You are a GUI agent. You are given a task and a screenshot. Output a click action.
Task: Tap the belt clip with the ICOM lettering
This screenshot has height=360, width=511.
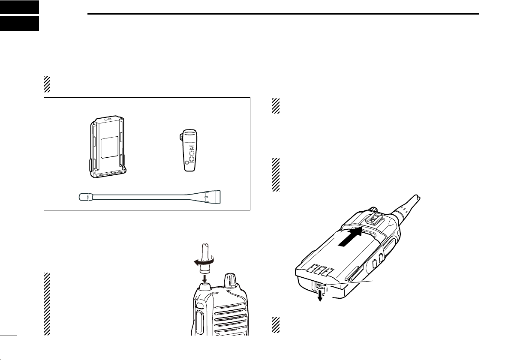tap(189, 150)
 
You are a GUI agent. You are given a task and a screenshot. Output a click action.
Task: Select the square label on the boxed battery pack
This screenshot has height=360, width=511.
tap(109, 147)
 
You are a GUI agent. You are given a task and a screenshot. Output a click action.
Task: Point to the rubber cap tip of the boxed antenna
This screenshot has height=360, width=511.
tap(84, 197)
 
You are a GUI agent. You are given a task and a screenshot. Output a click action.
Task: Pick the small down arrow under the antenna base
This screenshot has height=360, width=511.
tap(204, 278)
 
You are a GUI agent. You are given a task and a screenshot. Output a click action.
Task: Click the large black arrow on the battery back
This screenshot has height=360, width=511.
tap(350, 237)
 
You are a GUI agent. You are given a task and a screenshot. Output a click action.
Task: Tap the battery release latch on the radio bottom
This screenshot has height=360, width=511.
tap(320, 286)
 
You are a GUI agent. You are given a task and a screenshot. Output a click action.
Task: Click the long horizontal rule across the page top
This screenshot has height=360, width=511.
tap(283, 14)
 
